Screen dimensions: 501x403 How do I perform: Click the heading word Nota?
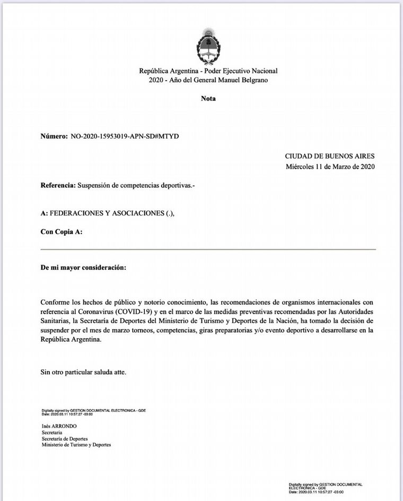(x=208, y=98)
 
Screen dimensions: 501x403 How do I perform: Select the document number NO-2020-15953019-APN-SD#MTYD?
(x=125, y=136)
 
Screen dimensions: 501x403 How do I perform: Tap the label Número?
(x=54, y=136)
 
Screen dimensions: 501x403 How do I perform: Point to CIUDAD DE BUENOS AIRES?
(x=330, y=156)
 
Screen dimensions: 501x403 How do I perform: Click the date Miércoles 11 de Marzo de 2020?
(x=330, y=167)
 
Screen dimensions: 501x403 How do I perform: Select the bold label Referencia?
(x=58, y=186)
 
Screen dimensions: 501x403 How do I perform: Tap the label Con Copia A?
(x=62, y=232)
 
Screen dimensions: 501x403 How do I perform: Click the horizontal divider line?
(x=208, y=249)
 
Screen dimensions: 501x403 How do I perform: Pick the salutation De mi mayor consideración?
(x=84, y=267)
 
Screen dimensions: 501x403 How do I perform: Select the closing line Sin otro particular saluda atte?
(x=84, y=372)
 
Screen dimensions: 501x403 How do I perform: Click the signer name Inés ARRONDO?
(x=59, y=426)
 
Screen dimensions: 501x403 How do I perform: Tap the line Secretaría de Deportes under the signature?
(x=65, y=439)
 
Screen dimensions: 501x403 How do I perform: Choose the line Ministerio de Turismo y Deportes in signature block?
(x=76, y=445)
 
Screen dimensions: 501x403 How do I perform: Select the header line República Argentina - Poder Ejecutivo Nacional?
(x=208, y=71)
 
